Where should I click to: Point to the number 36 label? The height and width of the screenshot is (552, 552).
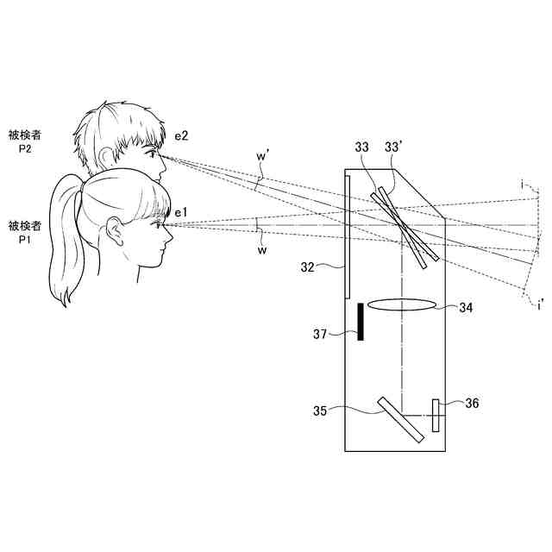(x=471, y=403)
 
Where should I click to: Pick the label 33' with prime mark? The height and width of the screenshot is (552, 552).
(x=394, y=148)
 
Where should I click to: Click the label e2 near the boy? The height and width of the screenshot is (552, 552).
(x=181, y=136)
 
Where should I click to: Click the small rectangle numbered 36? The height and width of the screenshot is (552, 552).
(x=436, y=415)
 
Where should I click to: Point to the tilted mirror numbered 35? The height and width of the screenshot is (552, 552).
(x=399, y=419)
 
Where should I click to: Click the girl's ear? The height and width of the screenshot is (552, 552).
(x=114, y=231)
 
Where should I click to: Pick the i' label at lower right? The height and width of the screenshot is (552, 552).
(x=539, y=304)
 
